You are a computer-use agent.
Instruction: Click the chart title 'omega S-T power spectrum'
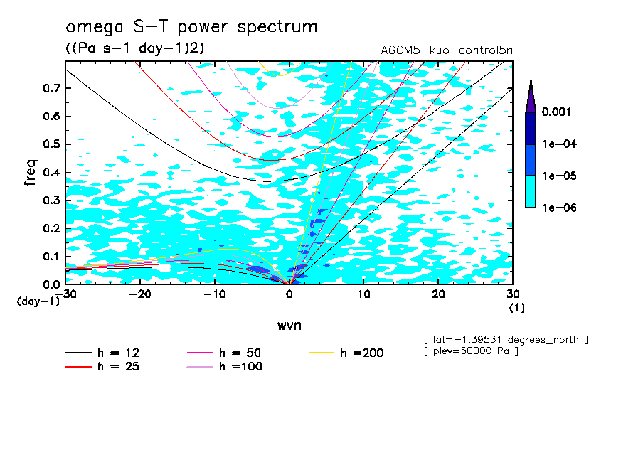tap(191, 27)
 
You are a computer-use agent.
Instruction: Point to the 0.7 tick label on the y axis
tap(51, 88)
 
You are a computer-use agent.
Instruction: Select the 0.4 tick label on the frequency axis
tap(51, 173)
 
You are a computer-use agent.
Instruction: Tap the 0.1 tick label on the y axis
tap(51, 257)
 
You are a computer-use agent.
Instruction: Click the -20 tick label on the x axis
tap(140, 294)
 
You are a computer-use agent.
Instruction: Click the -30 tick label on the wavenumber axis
tap(65, 294)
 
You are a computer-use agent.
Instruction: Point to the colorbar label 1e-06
tap(558, 208)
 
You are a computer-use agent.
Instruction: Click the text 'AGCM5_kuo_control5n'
tap(446, 50)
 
